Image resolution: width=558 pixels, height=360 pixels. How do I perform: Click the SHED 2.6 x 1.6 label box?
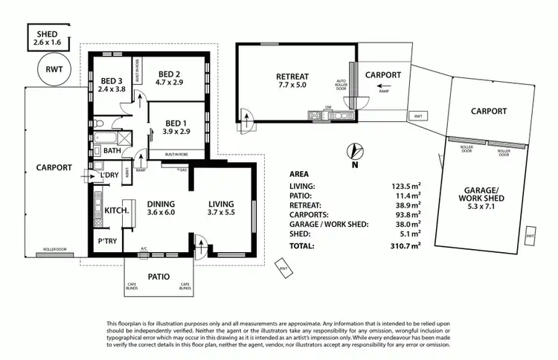coord(51,38)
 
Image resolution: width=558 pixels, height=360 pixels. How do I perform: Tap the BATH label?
coord(112,151)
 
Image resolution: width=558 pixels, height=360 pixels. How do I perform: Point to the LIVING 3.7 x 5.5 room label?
coord(221,209)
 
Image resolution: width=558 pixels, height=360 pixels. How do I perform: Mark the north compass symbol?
coord(356,152)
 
